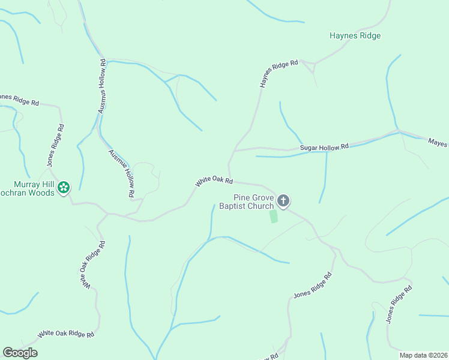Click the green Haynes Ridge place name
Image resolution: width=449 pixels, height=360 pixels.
355,36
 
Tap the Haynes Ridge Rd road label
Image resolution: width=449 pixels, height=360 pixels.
279,74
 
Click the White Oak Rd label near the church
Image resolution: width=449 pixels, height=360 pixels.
213,180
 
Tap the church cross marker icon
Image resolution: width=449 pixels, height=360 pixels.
283,201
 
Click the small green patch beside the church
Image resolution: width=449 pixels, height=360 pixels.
274,216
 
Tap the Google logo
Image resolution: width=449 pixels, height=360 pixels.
20,353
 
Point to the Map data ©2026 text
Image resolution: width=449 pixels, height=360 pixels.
423,355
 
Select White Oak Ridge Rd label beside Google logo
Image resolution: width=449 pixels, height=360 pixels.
66,334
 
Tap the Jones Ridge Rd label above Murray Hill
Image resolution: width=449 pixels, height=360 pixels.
55,146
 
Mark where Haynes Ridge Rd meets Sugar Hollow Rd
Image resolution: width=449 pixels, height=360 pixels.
234,151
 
